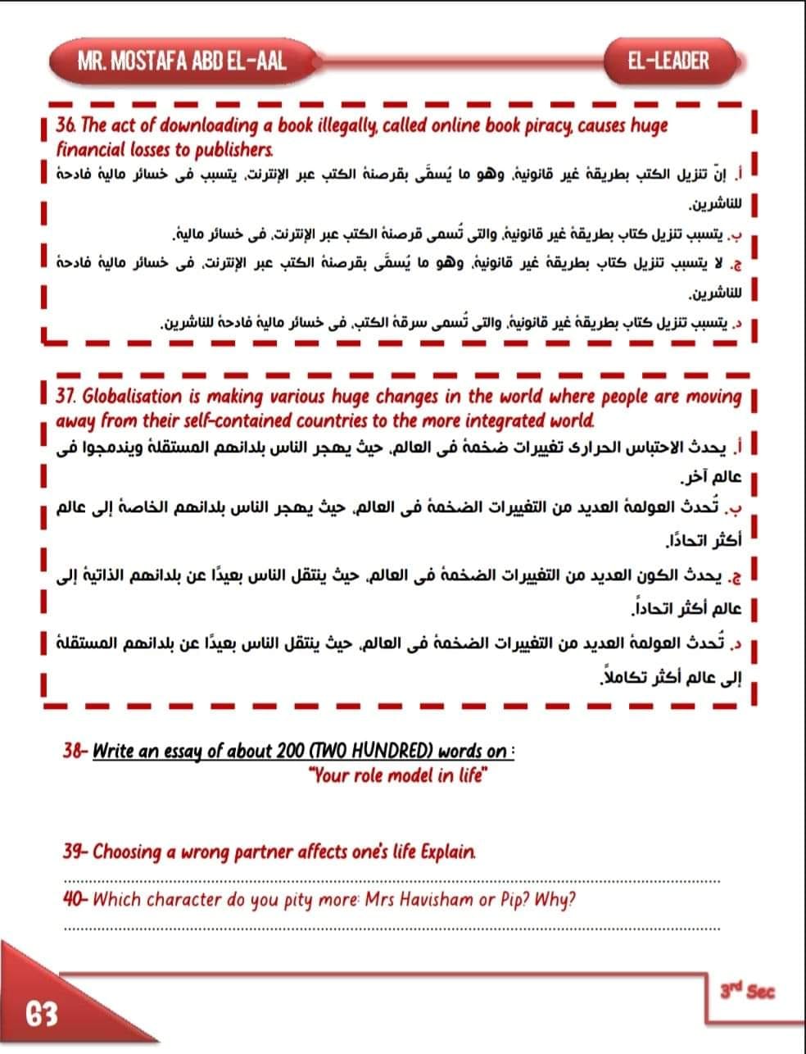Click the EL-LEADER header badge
pos(669,61)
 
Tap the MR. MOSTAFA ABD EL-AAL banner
pos(181,61)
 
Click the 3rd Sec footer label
pos(746,991)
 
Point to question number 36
pos(66,126)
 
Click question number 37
pos(66,398)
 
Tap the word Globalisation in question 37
pos(133,398)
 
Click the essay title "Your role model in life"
pos(399,775)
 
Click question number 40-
pos(76,900)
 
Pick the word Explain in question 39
pos(447,852)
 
